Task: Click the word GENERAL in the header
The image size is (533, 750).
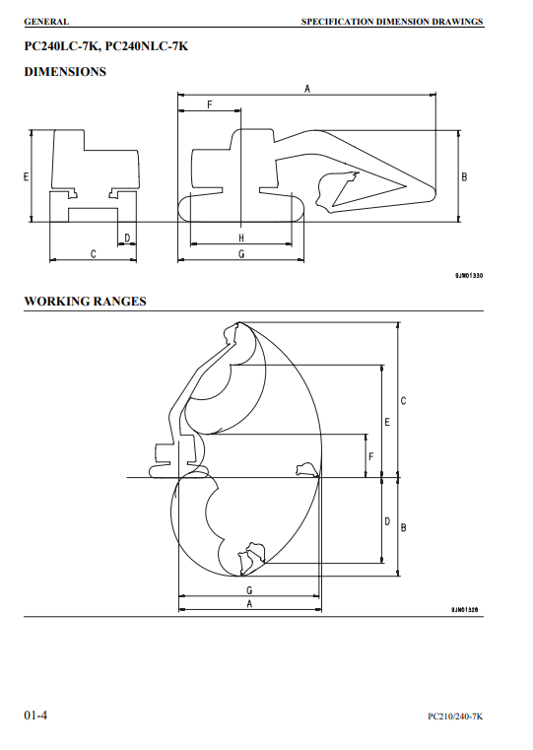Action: click(46, 22)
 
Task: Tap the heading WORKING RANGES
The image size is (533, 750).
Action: click(85, 302)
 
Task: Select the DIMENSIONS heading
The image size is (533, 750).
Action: click(65, 72)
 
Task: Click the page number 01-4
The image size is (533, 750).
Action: click(35, 716)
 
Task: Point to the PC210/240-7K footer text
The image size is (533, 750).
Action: click(455, 716)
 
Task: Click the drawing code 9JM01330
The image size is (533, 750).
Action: click(469, 276)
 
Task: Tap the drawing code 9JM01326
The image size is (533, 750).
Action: click(464, 609)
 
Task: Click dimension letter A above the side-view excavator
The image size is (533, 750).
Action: click(307, 89)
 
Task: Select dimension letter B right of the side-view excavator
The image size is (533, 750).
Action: click(464, 177)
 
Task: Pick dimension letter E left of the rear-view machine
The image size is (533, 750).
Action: click(27, 176)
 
